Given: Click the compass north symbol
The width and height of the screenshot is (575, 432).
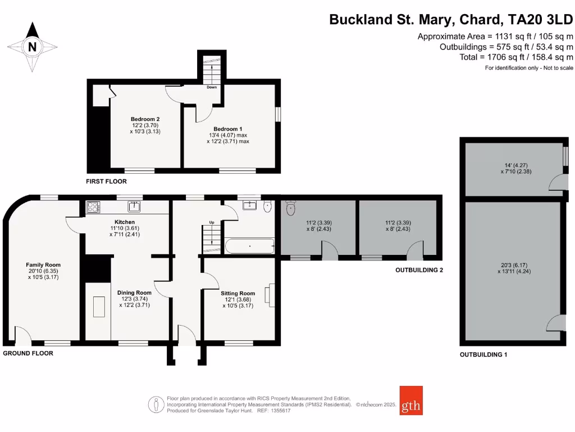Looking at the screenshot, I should tap(33, 47).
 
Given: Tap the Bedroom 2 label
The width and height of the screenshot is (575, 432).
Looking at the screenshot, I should tap(145, 119).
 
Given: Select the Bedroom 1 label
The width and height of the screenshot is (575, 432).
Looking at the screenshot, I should tap(227, 129).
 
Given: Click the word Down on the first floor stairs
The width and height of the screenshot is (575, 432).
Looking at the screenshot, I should tap(212, 87).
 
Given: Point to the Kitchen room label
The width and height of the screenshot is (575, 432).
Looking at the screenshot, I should tap(125, 222).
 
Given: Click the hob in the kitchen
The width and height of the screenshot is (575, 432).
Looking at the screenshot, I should tap(93, 208).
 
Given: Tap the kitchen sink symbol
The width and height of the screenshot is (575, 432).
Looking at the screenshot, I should tap(134, 206).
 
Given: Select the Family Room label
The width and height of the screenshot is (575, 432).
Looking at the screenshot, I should tap(43, 265).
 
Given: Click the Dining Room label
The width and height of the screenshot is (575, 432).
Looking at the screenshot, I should tap(134, 292).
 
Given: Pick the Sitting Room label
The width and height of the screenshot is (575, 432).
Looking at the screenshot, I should tap(238, 293).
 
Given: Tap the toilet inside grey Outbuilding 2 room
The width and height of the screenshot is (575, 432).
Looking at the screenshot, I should tap(291, 209).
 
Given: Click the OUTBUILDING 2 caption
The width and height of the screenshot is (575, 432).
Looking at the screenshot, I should tap(419, 271).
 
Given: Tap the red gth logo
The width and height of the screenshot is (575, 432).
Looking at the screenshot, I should tap(411, 400).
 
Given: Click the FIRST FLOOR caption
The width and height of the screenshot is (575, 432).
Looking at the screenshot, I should tap(106, 182).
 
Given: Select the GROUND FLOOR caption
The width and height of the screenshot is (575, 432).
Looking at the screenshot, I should tap(28, 353).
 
